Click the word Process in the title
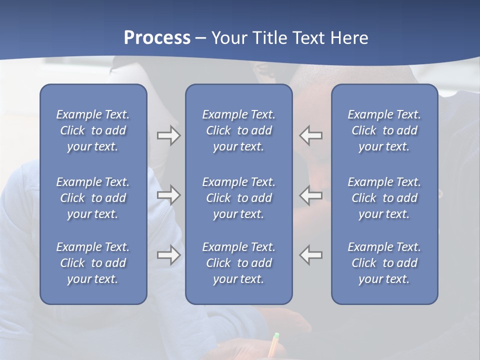click(157, 37)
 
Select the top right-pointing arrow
click(168, 135)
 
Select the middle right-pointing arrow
click(168, 195)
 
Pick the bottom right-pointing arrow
click(168, 255)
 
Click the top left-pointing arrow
click(311, 135)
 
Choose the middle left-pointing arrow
click(311, 195)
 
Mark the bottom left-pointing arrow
click(311, 255)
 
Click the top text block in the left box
click(93, 130)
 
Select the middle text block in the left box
click(93, 198)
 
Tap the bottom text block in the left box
click(93, 263)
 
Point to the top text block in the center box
click(239, 130)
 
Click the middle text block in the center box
click(239, 198)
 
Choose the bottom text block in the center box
click(239, 263)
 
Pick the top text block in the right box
click(384, 130)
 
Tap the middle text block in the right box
click(384, 198)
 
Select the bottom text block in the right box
click(384, 263)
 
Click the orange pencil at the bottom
click(273, 345)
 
